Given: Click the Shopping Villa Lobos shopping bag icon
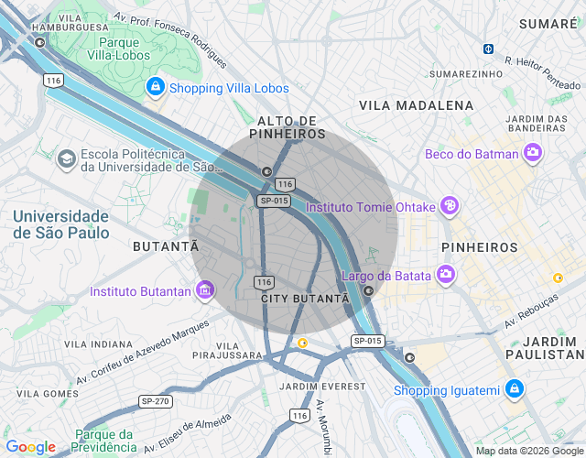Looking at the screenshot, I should [x=155, y=88].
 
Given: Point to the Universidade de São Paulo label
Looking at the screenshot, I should [x=61, y=224].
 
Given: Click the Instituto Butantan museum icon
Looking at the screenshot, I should [x=204, y=291].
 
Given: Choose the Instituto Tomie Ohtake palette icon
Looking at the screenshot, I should [x=448, y=206].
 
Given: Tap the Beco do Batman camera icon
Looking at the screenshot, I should [x=532, y=154].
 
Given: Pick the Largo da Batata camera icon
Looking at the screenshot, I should [x=446, y=274].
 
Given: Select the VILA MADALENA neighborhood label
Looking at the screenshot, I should [x=417, y=105].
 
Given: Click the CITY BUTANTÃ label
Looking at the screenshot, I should [x=306, y=299].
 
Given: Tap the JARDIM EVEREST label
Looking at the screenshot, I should [x=322, y=387].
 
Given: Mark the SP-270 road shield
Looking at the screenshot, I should [x=155, y=401].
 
